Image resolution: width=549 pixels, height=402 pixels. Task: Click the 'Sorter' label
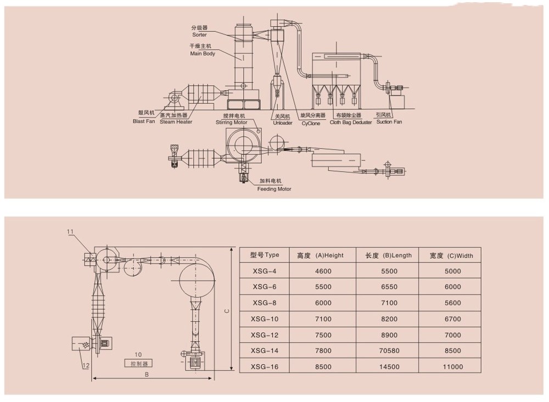(x=199, y=35)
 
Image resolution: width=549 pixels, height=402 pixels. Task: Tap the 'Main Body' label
(x=203, y=53)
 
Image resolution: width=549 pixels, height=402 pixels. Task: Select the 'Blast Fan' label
(x=144, y=121)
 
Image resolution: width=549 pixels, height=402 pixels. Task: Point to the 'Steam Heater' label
(x=176, y=121)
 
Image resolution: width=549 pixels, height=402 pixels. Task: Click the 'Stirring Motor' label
(x=231, y=122)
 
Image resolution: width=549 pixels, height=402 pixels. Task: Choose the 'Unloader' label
(x=283, y=122)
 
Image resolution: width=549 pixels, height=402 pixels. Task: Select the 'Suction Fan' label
(x=389, y=122)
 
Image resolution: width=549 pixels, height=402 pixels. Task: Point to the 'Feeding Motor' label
(x=274, y=189)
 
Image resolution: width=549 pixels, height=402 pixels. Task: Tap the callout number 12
(x=86, y=366)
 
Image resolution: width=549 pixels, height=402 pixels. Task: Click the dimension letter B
(x=147, y=375)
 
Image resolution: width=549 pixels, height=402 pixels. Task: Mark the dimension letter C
(x=226, y=311)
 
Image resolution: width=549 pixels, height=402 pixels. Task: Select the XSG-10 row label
(x=265, y=319)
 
